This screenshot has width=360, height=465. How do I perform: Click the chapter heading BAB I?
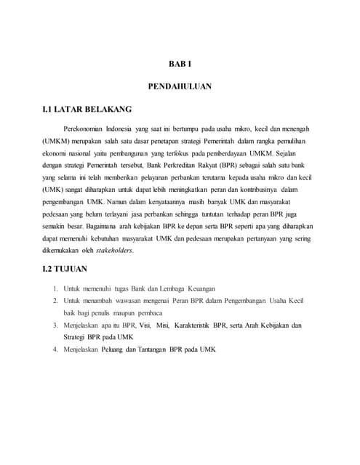point(180,64)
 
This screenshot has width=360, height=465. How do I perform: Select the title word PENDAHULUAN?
point(180,86)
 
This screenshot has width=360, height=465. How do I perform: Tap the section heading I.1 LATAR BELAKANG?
point(87,110)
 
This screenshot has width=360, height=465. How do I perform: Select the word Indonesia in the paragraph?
point(143,129)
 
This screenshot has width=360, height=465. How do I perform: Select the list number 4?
point(56,349)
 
